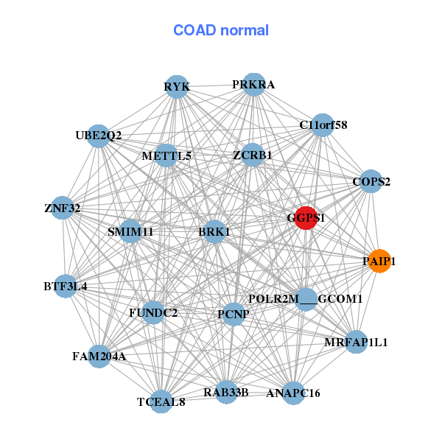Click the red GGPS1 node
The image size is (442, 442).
click(306, 218)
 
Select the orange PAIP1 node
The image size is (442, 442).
click(379, 261)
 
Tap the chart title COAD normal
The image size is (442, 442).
click(221, 31)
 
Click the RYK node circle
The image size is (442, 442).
click(176, 87)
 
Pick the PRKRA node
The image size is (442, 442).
click(253, 85)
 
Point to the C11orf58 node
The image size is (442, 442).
click(323, 125)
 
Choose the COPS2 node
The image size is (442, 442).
click(371, 181)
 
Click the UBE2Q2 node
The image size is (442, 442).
click(99, 136)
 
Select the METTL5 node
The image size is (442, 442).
click(166, 155)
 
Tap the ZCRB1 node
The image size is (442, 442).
click(252, 155)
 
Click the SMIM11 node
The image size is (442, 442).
click(130, 231)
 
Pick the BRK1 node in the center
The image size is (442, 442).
click(214, 232)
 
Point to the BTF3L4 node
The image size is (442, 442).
click(66, 286)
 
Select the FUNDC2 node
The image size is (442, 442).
click(153, 312)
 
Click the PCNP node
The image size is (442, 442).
click(234, 315)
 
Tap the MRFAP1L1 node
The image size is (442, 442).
click(356, 342)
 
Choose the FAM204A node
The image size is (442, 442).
click(99, 357)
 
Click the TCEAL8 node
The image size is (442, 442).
click(161, 401)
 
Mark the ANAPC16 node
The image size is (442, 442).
click(293, 393)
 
